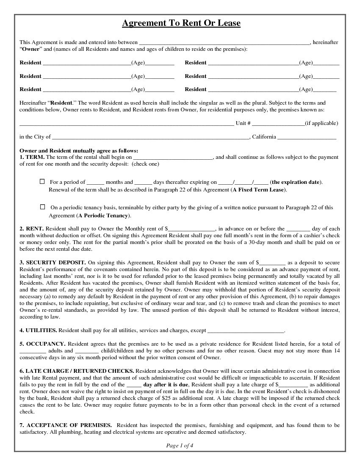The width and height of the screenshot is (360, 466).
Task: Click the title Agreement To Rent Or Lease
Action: click(181, 23)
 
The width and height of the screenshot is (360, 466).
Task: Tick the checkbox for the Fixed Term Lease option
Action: click(42, 181)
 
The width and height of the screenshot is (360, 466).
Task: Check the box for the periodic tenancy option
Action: click(42, 207)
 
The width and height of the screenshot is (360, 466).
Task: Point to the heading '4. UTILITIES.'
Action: click(38, 330)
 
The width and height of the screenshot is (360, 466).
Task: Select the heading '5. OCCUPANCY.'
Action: click(42, 344)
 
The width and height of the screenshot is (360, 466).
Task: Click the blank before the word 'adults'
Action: click(33, 352)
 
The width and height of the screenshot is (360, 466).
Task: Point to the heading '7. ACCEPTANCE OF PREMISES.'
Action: click(66, 425)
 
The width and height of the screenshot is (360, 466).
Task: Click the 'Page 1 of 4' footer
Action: click(180, 445)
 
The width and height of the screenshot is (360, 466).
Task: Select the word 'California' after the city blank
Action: click(264, 137)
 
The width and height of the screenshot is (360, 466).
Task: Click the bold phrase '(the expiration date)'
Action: click(296, 182)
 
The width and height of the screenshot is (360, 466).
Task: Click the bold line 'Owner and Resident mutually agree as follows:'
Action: click(79, 151)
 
